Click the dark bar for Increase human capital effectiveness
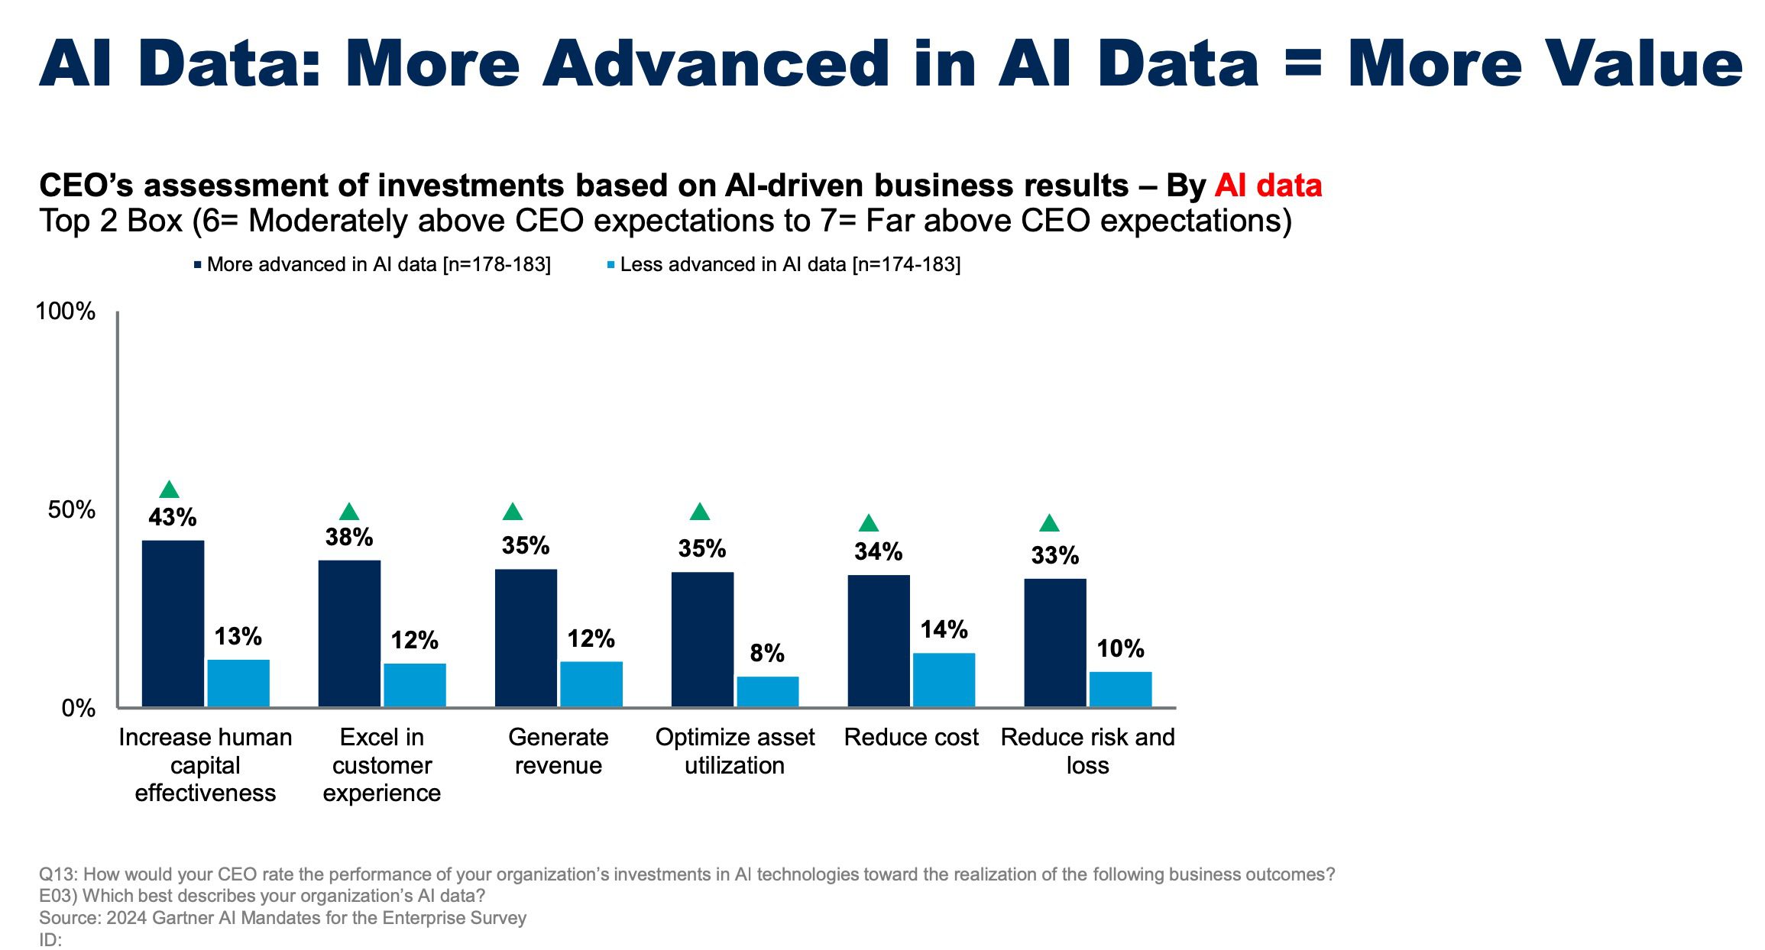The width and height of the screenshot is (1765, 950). point(173,623)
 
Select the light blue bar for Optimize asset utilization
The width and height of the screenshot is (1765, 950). point(768,691)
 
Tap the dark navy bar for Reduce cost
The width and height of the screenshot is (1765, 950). point(879,641)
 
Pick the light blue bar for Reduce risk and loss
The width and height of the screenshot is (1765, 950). point(1121,689)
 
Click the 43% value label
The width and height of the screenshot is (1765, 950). point(173,518)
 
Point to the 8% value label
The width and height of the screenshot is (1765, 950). point(767,653)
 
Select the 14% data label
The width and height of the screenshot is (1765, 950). point(944,629)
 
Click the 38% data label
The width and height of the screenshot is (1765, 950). point(349,537)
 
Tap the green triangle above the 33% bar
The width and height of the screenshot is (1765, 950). point(1050,523)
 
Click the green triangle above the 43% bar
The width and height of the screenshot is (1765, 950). point(170,490)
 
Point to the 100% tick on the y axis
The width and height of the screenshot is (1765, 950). point(66,312)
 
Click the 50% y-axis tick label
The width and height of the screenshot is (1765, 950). point(72,509)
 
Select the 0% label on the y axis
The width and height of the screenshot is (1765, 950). point(79,708)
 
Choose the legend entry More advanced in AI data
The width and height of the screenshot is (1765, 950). point(372,264)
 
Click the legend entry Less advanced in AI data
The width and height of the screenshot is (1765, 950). point(784,264)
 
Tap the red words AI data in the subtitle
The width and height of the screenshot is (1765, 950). point(1268,186)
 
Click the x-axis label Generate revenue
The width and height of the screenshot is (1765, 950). point(559,751)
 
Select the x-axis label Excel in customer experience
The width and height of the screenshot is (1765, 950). point(382,764)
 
